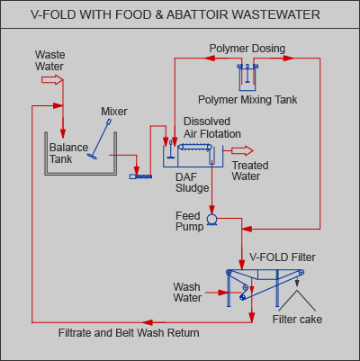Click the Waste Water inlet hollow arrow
(x=52, y=80)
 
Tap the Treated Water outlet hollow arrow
(x=242, y=150)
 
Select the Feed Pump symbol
(x=212, y=220)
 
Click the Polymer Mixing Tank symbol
(x=247, y=77)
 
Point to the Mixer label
(x=114, y=112)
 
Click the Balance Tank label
(x=68, y=153)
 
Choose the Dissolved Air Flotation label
(x=212, y=128)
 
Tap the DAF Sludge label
(x=192, y=183)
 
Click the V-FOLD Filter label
(x=283, y=257)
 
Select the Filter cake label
(x=297, y=320)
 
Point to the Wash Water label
(x=187, y=293)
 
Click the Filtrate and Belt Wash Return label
(x=129, y=333)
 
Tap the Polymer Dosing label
(x=247, y=49)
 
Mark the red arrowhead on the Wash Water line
(x=223, y=293)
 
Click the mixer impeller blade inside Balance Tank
(x=92, y=157)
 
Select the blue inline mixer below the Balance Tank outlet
(x=140, y=176)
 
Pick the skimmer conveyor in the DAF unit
(x=194, y=147)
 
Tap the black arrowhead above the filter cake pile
(x=297, y=283)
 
